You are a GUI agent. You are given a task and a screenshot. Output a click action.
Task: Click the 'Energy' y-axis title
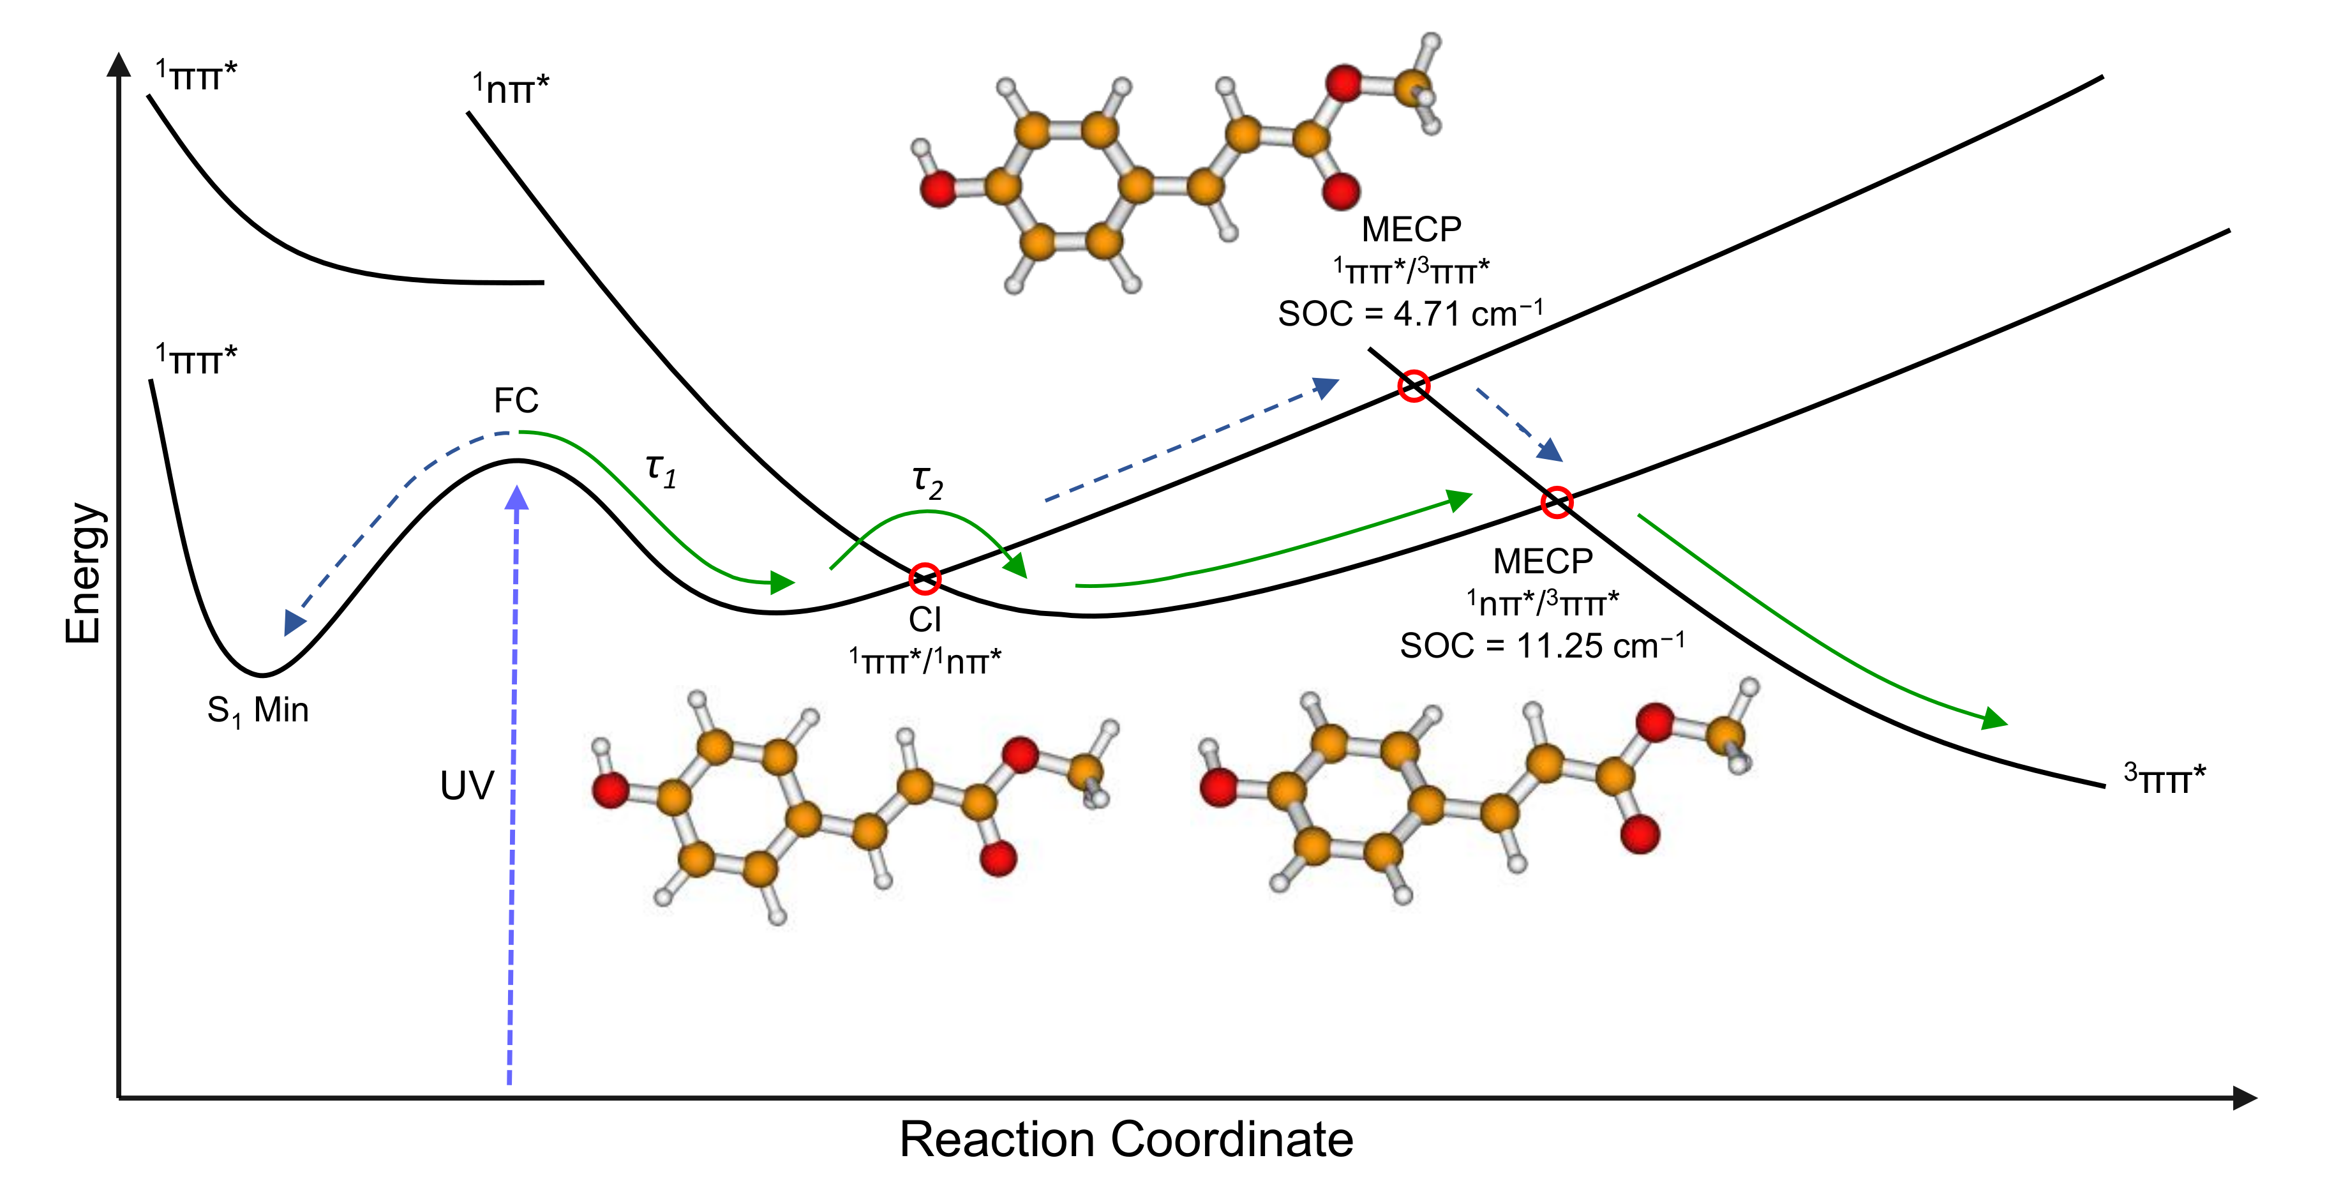pos(84,573)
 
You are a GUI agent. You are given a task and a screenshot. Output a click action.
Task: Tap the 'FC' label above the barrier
pos(516,400)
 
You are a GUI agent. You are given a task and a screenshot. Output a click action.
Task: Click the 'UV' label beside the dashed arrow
pos(467,786)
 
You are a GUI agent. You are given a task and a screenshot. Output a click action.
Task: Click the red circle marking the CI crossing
pos(924,578)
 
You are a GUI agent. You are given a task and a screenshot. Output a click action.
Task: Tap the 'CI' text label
pos(925,620)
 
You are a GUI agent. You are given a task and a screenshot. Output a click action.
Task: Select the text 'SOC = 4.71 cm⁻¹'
pos(1410,313)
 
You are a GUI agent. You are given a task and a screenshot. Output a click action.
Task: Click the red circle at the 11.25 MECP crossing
pos(1557,502)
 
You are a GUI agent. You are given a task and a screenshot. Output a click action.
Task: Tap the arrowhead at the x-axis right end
pos(2245,1098)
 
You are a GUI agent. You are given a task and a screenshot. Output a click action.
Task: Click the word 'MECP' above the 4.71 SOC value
pos(1410,229)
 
